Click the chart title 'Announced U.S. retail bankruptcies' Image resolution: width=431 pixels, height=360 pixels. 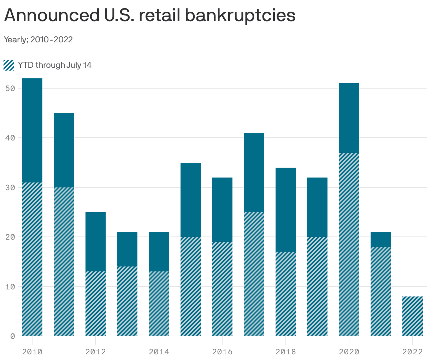pos(149,16)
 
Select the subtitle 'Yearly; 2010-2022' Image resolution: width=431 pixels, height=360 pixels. pos(38,40)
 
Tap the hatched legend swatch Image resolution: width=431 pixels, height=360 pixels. pos(9,65)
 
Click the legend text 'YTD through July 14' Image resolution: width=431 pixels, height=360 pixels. pos(55,65)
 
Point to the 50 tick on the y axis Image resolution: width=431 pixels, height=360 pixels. pos(10,88)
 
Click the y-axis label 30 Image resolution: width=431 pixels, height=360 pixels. pos(10,187)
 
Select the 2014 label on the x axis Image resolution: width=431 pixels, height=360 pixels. pos(159,352)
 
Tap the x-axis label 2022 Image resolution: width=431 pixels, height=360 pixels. pos(412,352)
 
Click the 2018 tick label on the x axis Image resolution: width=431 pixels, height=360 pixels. pos(285,352)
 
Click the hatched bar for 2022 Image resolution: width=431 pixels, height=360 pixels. pos(412,316)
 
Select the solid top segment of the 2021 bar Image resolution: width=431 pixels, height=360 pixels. pos(381,239)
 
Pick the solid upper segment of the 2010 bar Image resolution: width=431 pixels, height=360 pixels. pos(32,130)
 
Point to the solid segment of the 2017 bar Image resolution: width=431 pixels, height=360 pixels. pos(254,172)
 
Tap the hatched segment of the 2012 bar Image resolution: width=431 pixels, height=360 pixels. pos(95,304)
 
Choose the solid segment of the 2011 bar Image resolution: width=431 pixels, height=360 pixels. pos(64,150)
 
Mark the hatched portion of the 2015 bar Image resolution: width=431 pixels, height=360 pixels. pos(191,286)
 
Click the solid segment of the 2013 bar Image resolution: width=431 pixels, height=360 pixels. pos(127,249)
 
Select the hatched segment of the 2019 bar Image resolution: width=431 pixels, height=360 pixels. pos(317,286)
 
